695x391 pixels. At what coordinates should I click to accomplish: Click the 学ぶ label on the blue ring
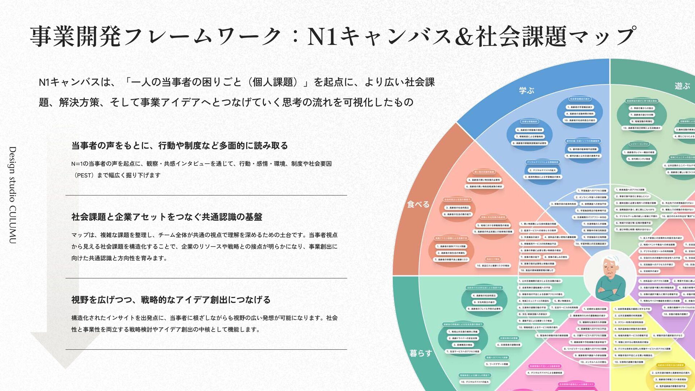pos(527,91)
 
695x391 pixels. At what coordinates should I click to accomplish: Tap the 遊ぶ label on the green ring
pos(682,86)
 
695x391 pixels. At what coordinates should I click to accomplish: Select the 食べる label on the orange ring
pos(418,204)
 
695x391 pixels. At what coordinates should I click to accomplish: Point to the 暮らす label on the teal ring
pos(421,353)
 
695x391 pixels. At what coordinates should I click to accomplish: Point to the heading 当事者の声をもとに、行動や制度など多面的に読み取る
pos(180,146)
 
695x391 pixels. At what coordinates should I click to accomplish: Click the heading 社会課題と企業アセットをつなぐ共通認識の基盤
pos(167,217)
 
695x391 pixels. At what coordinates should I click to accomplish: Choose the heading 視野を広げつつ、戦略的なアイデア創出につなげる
pos(171,300)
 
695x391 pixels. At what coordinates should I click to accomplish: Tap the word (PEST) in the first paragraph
pos(83,175)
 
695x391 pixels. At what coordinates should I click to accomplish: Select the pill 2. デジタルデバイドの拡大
pos(542,170)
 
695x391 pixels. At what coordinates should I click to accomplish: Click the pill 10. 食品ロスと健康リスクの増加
pos(493,266)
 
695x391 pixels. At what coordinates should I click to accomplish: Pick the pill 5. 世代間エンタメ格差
pos(639,159)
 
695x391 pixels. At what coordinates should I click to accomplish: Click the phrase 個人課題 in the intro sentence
pos(273,82)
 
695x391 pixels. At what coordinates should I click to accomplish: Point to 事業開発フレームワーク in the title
pos(156,36)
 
